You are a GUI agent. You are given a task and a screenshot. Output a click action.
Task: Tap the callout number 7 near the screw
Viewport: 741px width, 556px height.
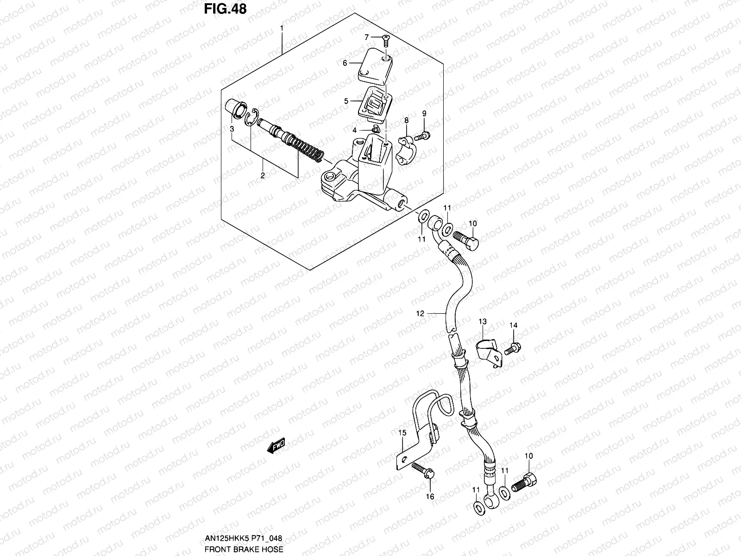pos(366,37)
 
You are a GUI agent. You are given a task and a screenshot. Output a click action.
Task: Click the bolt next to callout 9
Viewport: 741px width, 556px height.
pos(421,136)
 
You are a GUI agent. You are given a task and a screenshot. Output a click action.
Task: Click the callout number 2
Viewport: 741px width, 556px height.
pos(263,176)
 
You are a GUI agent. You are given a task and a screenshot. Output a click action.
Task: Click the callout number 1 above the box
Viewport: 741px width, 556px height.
pos(281,28)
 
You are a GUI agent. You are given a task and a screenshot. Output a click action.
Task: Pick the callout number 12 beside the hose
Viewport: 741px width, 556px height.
pos(420,314)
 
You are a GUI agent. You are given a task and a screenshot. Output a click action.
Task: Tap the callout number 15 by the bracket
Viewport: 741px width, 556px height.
pos(402,433)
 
